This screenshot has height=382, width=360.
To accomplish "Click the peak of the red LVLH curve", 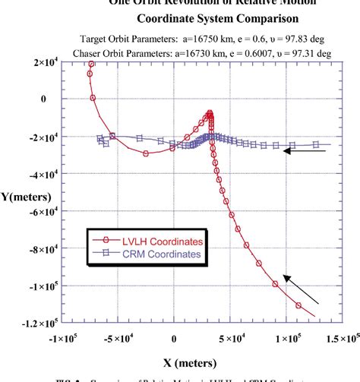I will (210, 114).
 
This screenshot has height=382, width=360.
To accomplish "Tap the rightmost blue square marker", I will (316, 144).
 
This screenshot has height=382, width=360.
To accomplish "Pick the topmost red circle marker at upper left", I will (91, 65).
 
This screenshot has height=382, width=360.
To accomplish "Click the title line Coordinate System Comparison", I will (195, 17).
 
